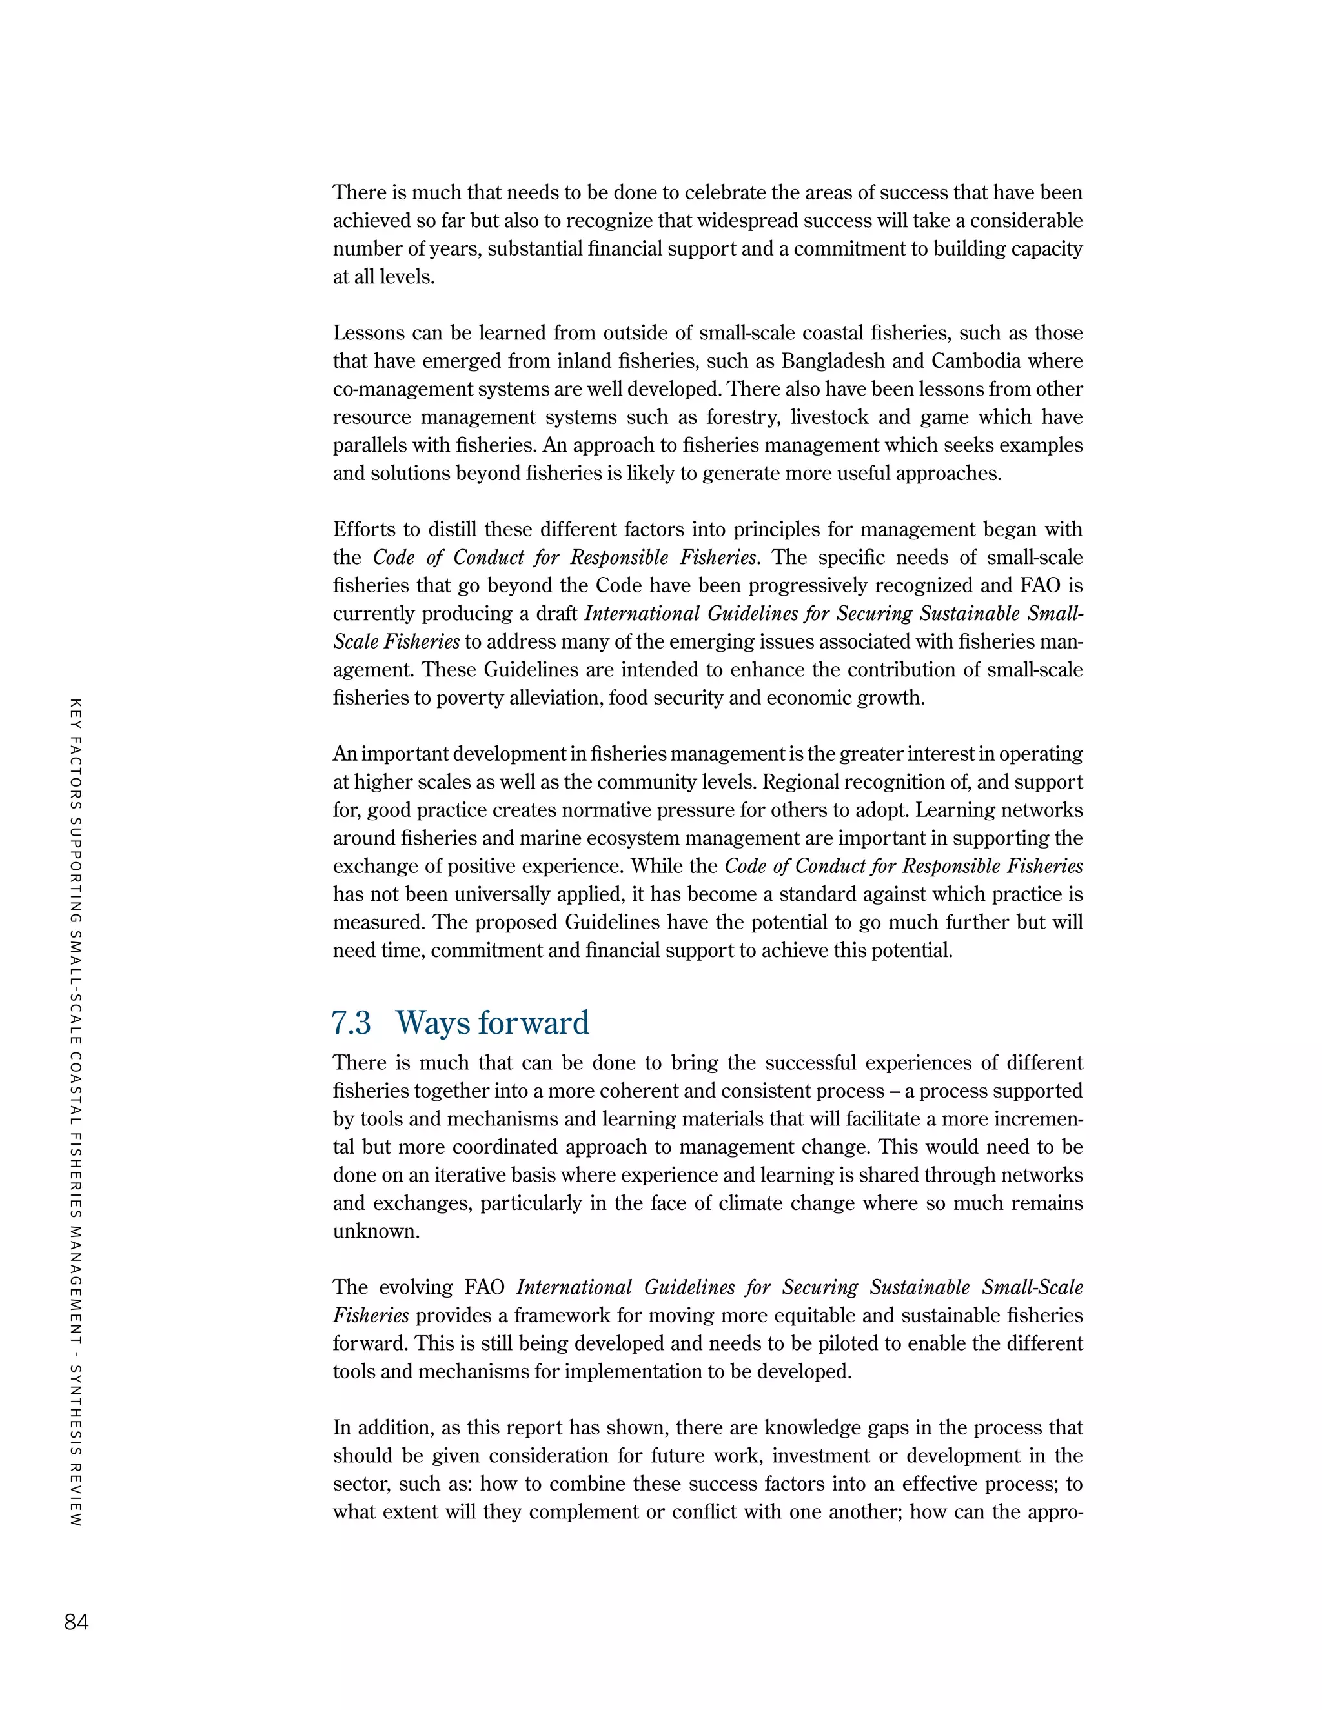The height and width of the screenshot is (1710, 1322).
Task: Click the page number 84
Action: [76, 1622]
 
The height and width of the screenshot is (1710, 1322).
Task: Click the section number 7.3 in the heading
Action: [352, 1023]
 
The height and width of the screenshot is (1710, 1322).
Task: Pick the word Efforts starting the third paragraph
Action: [364, 529]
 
